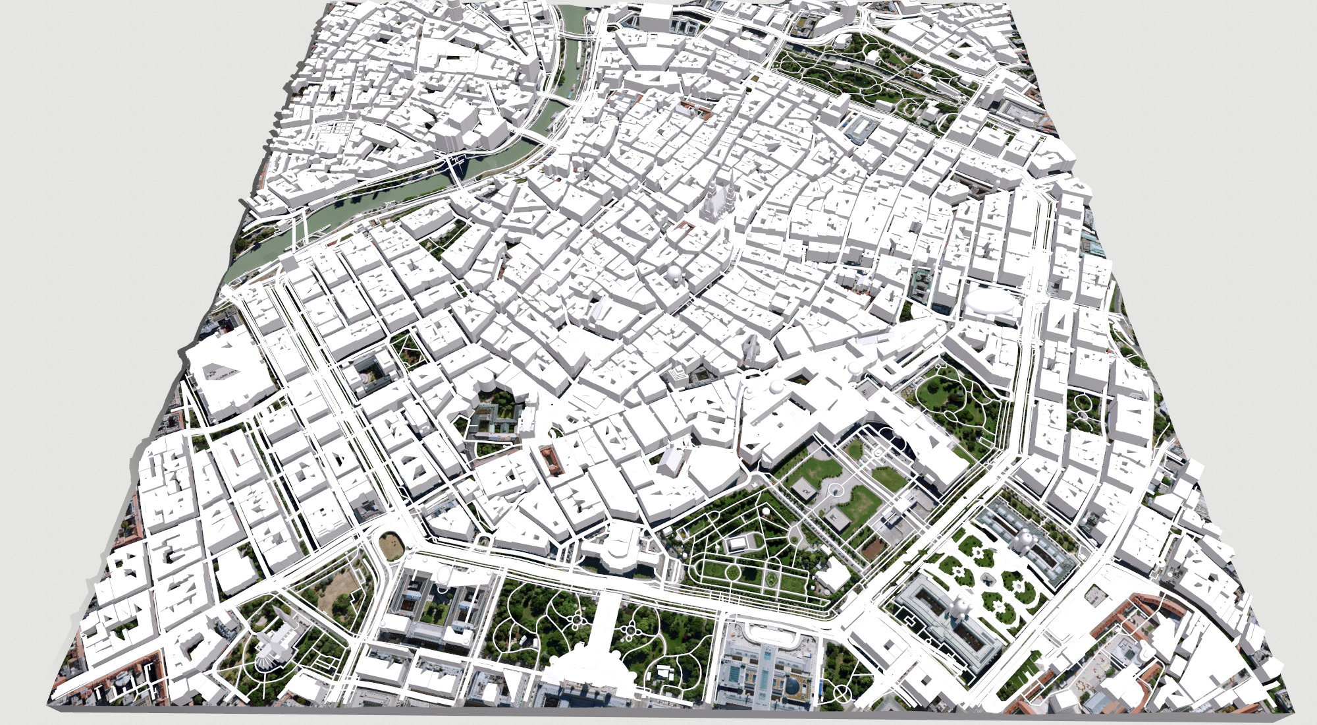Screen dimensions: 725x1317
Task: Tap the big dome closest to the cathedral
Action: tap(676, 273)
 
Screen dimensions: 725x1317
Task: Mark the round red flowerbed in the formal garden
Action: tap(770, 579)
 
